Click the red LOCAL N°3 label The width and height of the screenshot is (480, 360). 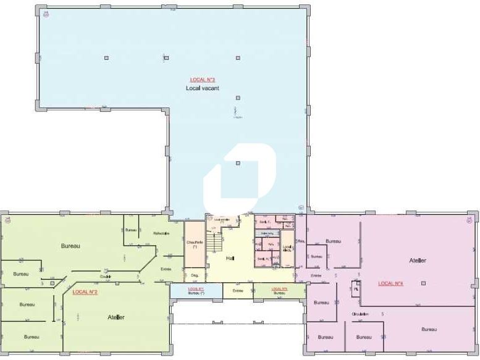tap(202, 80)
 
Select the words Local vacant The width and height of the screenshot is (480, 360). tap(202, 88)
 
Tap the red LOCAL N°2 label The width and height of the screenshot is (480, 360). tap(85, 291)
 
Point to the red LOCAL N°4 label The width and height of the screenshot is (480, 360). tap(390, 283)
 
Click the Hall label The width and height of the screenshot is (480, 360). tap(230, 258)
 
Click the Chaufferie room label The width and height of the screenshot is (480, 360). tap(195, 244)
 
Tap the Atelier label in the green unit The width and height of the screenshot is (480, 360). tap(116, 317)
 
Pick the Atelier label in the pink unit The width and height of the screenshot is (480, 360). tap(418, 261)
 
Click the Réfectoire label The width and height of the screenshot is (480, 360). tap(162, 233)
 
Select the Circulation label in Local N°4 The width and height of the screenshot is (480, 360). tap(360, 314)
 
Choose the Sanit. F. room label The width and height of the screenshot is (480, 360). tap(266, 222)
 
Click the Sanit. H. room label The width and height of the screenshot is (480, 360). tap(263, 259)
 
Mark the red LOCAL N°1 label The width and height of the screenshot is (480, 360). tap(196, 288)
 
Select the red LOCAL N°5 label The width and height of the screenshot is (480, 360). tap(279, 288)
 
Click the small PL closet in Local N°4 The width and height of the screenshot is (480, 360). tap(356, 288)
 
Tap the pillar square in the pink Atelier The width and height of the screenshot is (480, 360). tap(423, 283)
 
